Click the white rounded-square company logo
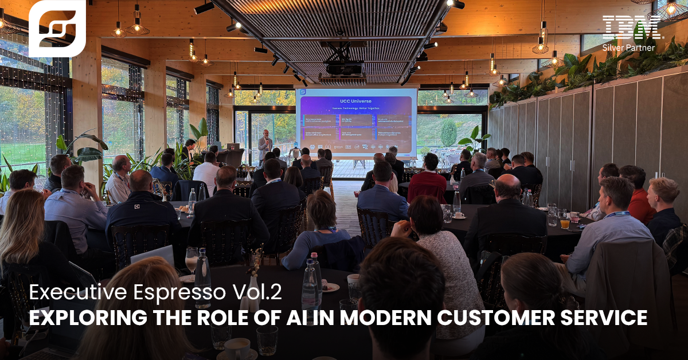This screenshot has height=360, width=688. coord(57,28)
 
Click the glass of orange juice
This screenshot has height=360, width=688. coord(565,223)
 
